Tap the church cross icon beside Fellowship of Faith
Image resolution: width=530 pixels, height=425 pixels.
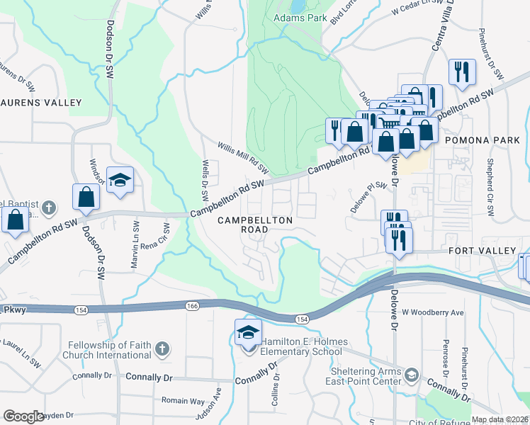162,348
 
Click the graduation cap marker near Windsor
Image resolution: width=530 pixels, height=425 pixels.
120,179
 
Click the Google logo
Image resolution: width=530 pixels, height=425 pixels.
24,416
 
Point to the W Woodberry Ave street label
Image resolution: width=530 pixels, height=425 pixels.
432,312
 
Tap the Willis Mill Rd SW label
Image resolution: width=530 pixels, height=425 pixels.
243,159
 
